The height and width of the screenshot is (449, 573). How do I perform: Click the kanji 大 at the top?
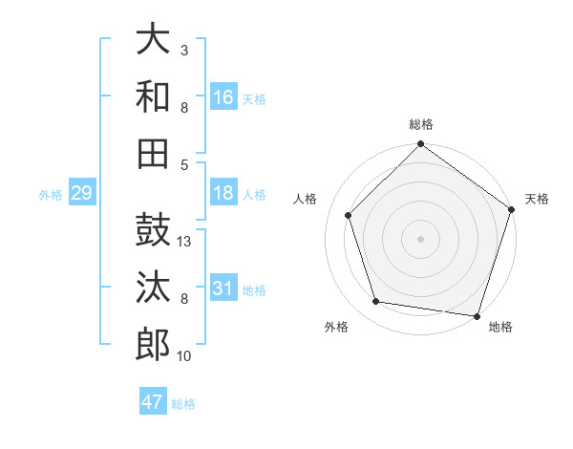tap(153, 40)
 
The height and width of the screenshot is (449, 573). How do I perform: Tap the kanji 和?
tap(153, 96)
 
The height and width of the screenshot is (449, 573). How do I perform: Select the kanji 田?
tap(153, 153)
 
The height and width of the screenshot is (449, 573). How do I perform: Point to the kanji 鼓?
tap(153, 231)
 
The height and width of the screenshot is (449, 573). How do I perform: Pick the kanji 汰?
tap(153, 288)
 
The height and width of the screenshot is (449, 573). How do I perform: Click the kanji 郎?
tap(153, 344)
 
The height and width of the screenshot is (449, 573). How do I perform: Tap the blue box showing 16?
tap(223, 96)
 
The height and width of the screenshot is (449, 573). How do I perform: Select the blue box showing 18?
tap(223, 193)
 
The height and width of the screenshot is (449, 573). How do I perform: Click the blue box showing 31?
tap(223, 289)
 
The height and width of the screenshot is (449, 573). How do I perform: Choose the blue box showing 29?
tap(81, 193)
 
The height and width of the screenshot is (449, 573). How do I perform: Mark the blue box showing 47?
tap(153, 402)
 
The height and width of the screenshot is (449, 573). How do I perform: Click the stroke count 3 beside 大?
tap(184, 50)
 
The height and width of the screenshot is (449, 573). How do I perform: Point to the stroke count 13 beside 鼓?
tap(185, 242)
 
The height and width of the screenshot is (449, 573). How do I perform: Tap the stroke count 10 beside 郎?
tap(185, 356)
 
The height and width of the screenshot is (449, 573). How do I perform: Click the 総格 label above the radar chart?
tap(421, 124)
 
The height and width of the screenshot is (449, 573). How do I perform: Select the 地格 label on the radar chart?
tap(500, 328)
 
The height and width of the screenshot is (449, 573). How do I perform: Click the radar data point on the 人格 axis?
tap(349, 215)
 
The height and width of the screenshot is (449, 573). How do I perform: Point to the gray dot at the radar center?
tap(421, 238)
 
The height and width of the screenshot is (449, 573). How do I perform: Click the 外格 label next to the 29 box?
tap(51, 195)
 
